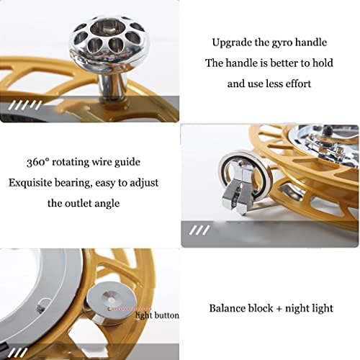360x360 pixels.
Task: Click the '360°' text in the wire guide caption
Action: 38,162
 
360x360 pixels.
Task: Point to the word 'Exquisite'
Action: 30,183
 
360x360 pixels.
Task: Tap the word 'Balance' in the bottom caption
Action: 227,308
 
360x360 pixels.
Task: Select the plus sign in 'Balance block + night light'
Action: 279,309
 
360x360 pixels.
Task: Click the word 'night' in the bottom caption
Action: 298,309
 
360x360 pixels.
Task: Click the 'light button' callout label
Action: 158,315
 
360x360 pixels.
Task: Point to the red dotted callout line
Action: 130,309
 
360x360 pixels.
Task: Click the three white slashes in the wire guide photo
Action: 199,230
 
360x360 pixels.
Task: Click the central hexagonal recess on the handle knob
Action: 105,28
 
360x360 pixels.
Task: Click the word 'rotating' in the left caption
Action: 71,163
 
